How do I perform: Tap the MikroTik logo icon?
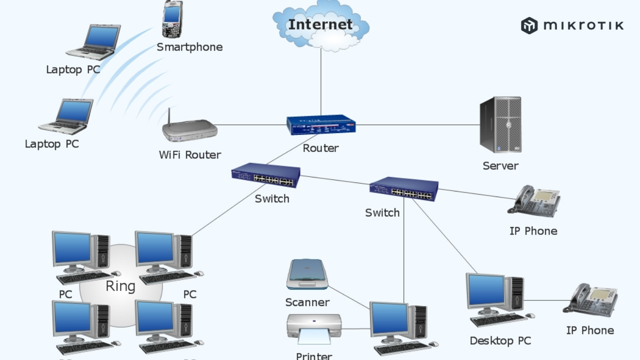tap(529, 25)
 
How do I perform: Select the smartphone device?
tap(172, 20)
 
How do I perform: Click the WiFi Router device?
tap(190, 131)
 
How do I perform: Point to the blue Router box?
tap(321, 125)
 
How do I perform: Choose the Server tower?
tap(500, 125)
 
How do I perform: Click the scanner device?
tap(307, 274)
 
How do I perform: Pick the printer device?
tap(313, 328)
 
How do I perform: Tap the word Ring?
tap(120, 286)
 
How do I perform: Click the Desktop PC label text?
tap(500, 341)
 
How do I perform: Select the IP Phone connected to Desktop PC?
tap(590, 299)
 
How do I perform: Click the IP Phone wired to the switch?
tap(534, 201)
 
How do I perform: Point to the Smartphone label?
tap(189, 47)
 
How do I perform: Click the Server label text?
tap(500, 165)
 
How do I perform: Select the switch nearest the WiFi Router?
tap(265, 175)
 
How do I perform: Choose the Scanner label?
tap(307, 302)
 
